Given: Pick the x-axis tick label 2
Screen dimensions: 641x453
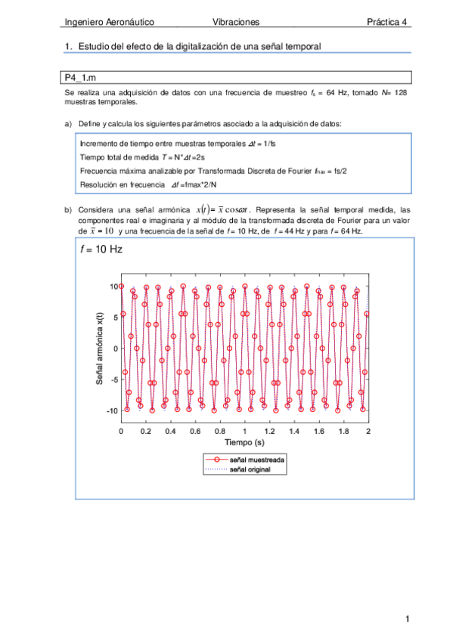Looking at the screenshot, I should pos(368,430).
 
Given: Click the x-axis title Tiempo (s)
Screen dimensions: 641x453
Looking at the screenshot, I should pos(244,441).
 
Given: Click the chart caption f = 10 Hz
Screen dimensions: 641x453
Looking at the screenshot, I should pos(101,249).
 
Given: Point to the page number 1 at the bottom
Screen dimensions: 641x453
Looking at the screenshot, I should pos(406,620).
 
